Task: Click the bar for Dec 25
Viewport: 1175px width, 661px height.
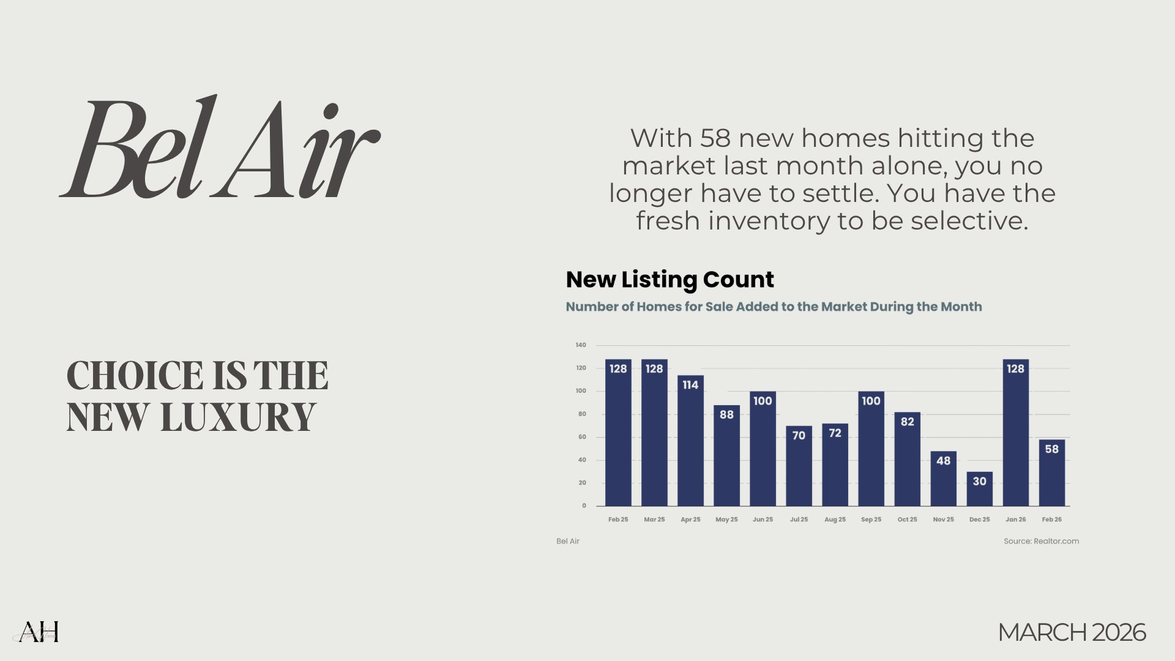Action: click(979, 489)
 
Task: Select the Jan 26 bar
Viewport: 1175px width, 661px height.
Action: click(1016, 433)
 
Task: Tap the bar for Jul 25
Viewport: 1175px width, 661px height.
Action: click(799, 466)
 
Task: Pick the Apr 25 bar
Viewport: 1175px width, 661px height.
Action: click(690, 441)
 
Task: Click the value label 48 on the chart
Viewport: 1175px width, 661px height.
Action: click(944, 461)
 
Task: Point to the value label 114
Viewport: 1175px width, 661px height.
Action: click(690, 385)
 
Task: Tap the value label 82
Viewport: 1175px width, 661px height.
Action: click(908, 422)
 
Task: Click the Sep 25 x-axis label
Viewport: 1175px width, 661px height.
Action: click(871, 520)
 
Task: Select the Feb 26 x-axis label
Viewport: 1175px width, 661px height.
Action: click(1052, 520)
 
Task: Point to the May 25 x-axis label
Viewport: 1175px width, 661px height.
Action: click(726, 520)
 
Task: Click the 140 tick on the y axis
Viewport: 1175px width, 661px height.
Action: click(581, 345)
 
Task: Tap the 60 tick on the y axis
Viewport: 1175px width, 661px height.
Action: click(582, 437)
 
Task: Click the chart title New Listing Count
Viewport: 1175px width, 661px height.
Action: click(670, 280)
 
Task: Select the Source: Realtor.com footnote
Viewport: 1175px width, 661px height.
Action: click(1042, 541)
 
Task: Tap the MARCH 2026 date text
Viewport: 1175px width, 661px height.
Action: click(1072, 632)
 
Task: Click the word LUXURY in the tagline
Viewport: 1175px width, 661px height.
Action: click(238, 417)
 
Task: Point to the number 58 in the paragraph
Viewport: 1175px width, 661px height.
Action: click(715, 138)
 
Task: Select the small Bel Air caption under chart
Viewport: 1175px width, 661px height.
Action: click(568, 541)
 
